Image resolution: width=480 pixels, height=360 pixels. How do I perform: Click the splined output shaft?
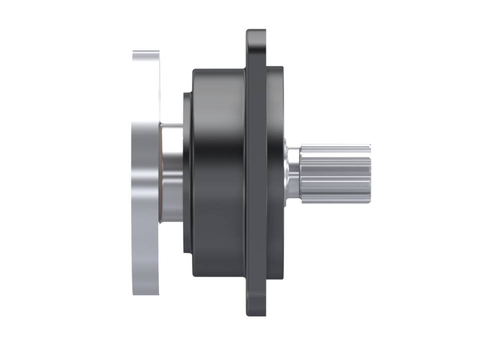[335, 173]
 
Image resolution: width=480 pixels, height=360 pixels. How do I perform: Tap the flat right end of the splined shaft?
[370, 173]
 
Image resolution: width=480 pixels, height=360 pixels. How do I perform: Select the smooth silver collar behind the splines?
[292, 173]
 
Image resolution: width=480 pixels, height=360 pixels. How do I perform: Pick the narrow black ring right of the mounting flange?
[275, 173]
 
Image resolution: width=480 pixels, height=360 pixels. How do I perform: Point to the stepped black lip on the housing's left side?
[187, 173]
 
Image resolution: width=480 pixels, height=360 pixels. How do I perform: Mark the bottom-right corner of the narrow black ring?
[282, 276]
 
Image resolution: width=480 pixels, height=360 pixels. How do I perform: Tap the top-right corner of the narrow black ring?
[282, 68]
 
